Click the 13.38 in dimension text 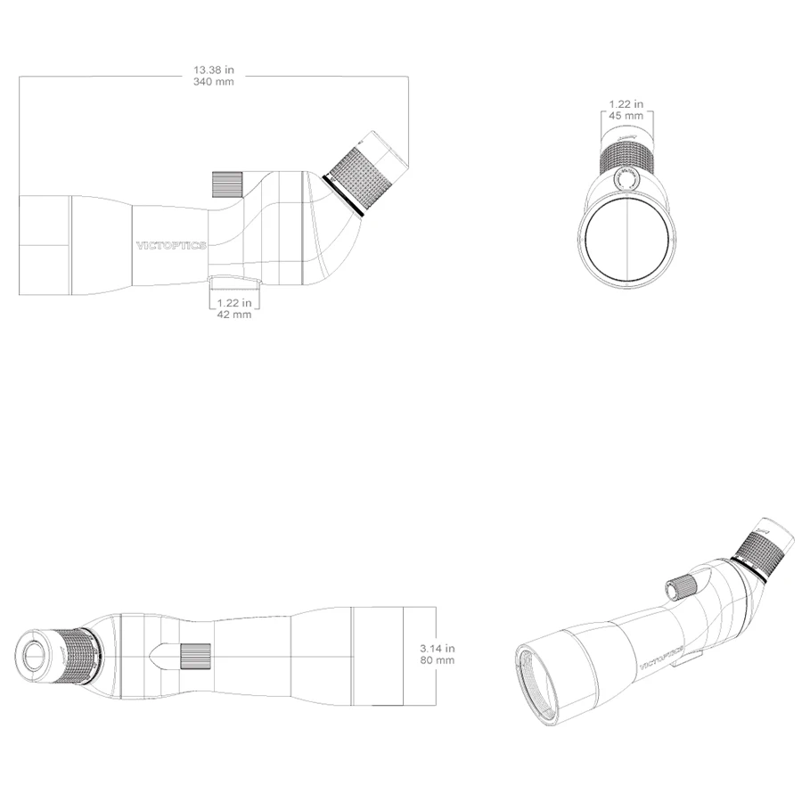pyautogui.click(x=215, y=69)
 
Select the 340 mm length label pyautogui.click(x=215, y=82)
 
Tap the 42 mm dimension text pyautogui.click(x=234, y=315)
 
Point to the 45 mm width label pyautogui.click(x=626, y=116)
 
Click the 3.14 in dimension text pyautogui.click(x=437, y=648)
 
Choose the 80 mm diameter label pyautogui.click(x=437, y=660)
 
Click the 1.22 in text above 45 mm pyautogui.click(x=626, y=103)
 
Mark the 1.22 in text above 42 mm pyautogui.click(x=234, y=303)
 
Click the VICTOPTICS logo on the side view pyautogui.click(x=171, y=246)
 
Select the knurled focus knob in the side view pyautogui.click(x=227, y=184)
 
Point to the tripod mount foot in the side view pyautogui.click(x=234, y=282)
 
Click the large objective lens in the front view pyautogui.click(x=626, y=238)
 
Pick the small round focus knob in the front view pyautogui.click(x=627, y=178)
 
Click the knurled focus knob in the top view pyautogui.click(x=196, y=656)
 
